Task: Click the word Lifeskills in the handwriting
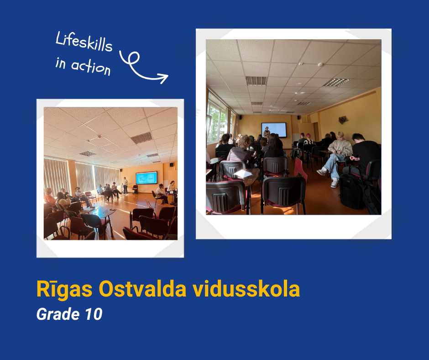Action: point(84,42)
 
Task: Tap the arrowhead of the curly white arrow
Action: point(163,78)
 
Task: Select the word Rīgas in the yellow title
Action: point(64,289)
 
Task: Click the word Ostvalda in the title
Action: point(142,289)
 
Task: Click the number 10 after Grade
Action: point(94,314)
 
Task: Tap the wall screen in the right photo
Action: point(274,130)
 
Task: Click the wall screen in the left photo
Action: point(146,178)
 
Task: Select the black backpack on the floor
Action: point(352,191)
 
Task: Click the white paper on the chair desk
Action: point(242,174)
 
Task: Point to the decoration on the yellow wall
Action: point(343,119)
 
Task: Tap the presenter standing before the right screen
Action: point(267,133)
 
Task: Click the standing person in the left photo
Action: point(125,185)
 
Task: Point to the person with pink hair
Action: point(309,140)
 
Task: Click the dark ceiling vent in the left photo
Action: point(142,138)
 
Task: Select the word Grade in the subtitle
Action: point(58,314)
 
